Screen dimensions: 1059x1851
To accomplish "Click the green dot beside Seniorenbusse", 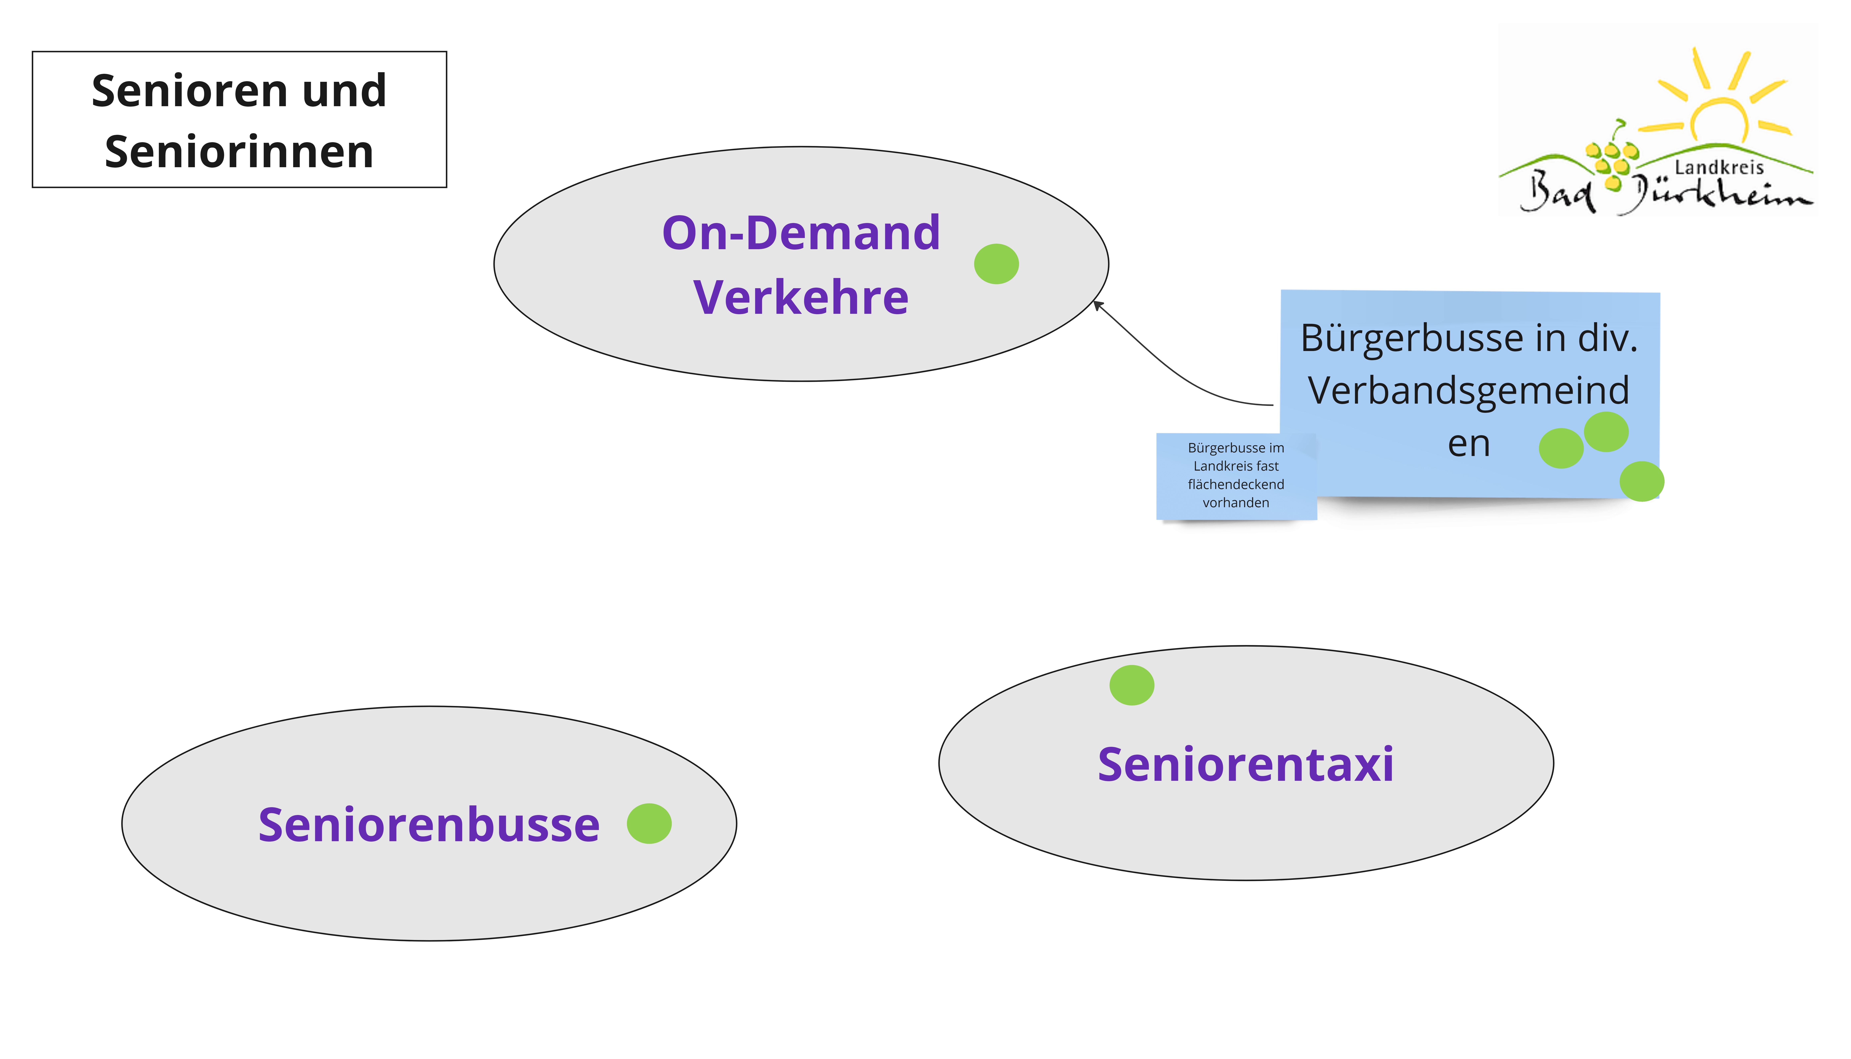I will [x=649, y=823].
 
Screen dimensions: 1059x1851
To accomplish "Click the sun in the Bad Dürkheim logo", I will [x=1719, y=116].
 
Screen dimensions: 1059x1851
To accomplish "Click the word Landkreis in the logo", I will [x=1719, y=168].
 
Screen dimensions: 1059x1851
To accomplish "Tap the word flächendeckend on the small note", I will [x=1236, y=484].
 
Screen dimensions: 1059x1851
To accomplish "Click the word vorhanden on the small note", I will [x=1236, y=503].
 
